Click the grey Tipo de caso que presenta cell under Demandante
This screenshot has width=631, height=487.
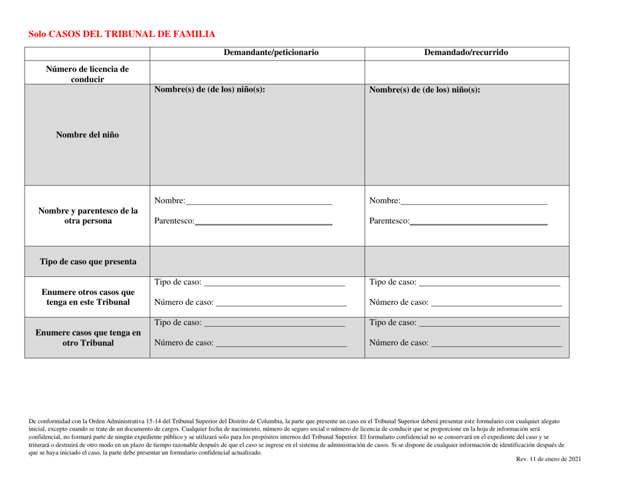[258, 261]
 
